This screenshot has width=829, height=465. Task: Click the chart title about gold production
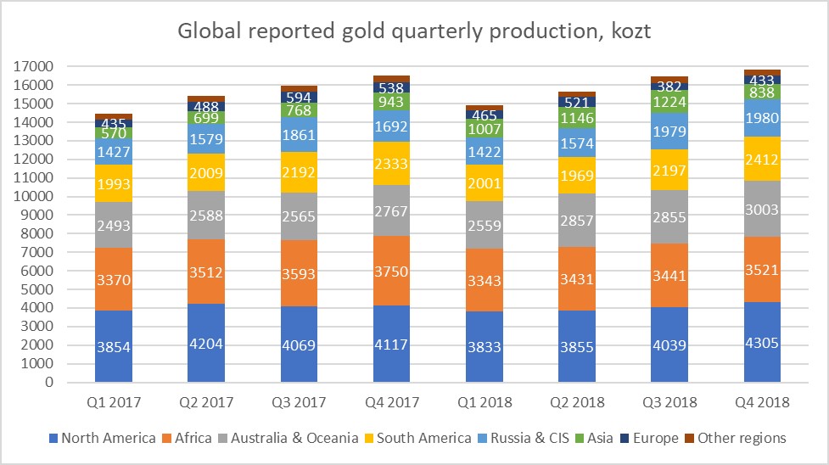coord(414,31)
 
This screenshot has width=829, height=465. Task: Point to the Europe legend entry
coord(650,438)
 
